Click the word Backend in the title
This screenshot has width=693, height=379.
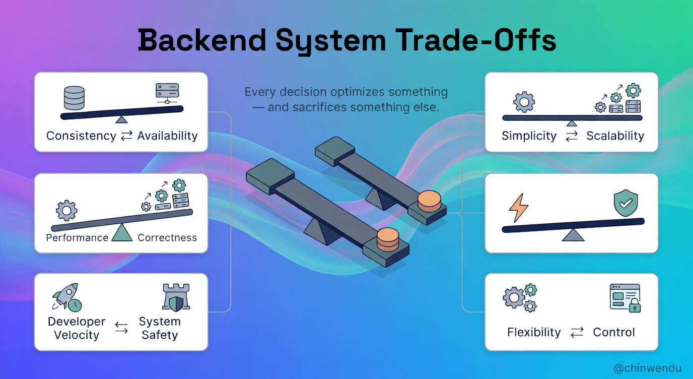tap(201, 40)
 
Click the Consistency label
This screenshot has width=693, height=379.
tap(81, 136)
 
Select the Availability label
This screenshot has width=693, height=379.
tap(167, 136)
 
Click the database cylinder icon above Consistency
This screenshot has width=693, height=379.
tap(74, 98)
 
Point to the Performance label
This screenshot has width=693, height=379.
tap(77, 237)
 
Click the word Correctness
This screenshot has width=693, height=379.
tap(167, 237)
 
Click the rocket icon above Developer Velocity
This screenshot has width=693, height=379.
tap(65, 297)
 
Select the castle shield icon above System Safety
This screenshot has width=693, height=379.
tap(176, 297)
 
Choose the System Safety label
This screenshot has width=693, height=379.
tap(160, 328)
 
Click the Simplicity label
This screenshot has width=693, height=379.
tap(529, 136)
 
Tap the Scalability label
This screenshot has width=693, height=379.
tap(615, 136)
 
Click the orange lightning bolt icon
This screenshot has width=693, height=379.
tap(519, 207)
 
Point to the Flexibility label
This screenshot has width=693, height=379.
tap(534, 332)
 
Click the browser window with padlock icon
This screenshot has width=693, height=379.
tap(625, 297)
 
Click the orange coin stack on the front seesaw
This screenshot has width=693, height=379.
tap(388, 240)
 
